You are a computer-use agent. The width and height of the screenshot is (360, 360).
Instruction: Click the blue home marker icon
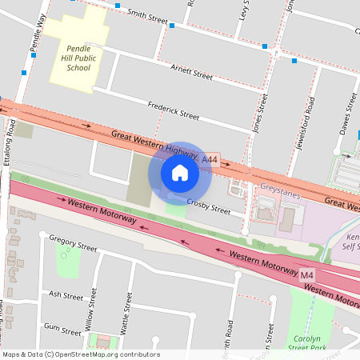point(180,172)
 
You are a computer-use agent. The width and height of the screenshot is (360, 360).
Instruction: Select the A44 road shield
point(210,160)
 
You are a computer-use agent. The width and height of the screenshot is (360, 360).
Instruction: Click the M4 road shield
point(307,274)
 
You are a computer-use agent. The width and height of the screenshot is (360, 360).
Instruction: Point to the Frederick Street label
point(174,110)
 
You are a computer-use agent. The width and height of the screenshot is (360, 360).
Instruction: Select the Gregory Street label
point(73,243)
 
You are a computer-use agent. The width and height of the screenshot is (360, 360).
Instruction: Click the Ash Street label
point(66,295)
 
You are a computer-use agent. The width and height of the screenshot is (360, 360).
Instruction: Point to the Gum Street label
point(64,329)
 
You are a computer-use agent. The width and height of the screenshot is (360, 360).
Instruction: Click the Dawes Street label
point(348,112)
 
